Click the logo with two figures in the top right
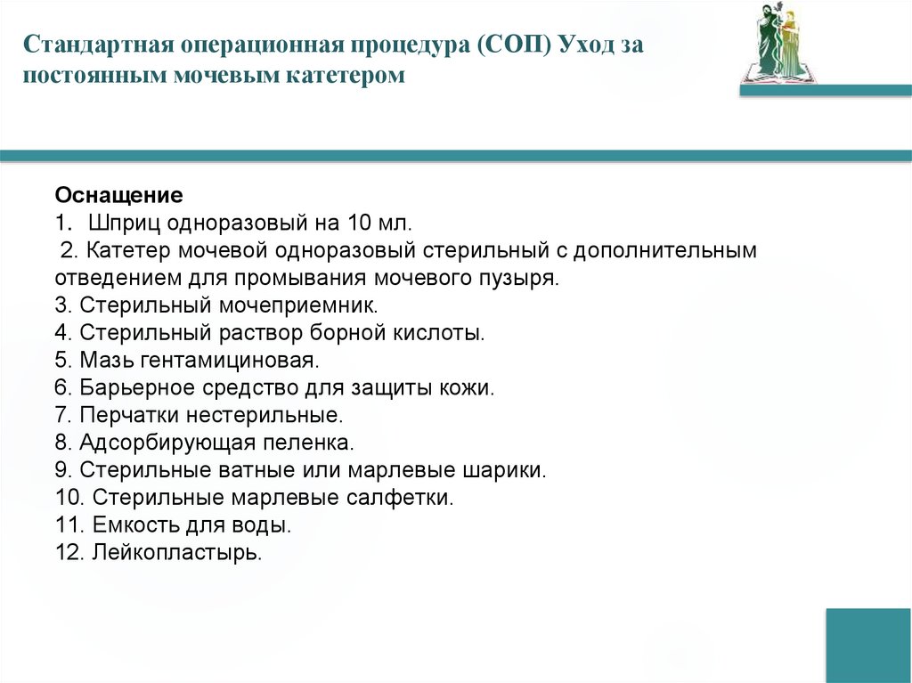[x=778, y=45]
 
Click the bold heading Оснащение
[x=119, y=195]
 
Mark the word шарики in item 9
[x=507, y=470]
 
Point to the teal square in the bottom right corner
[x=868, y=645]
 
